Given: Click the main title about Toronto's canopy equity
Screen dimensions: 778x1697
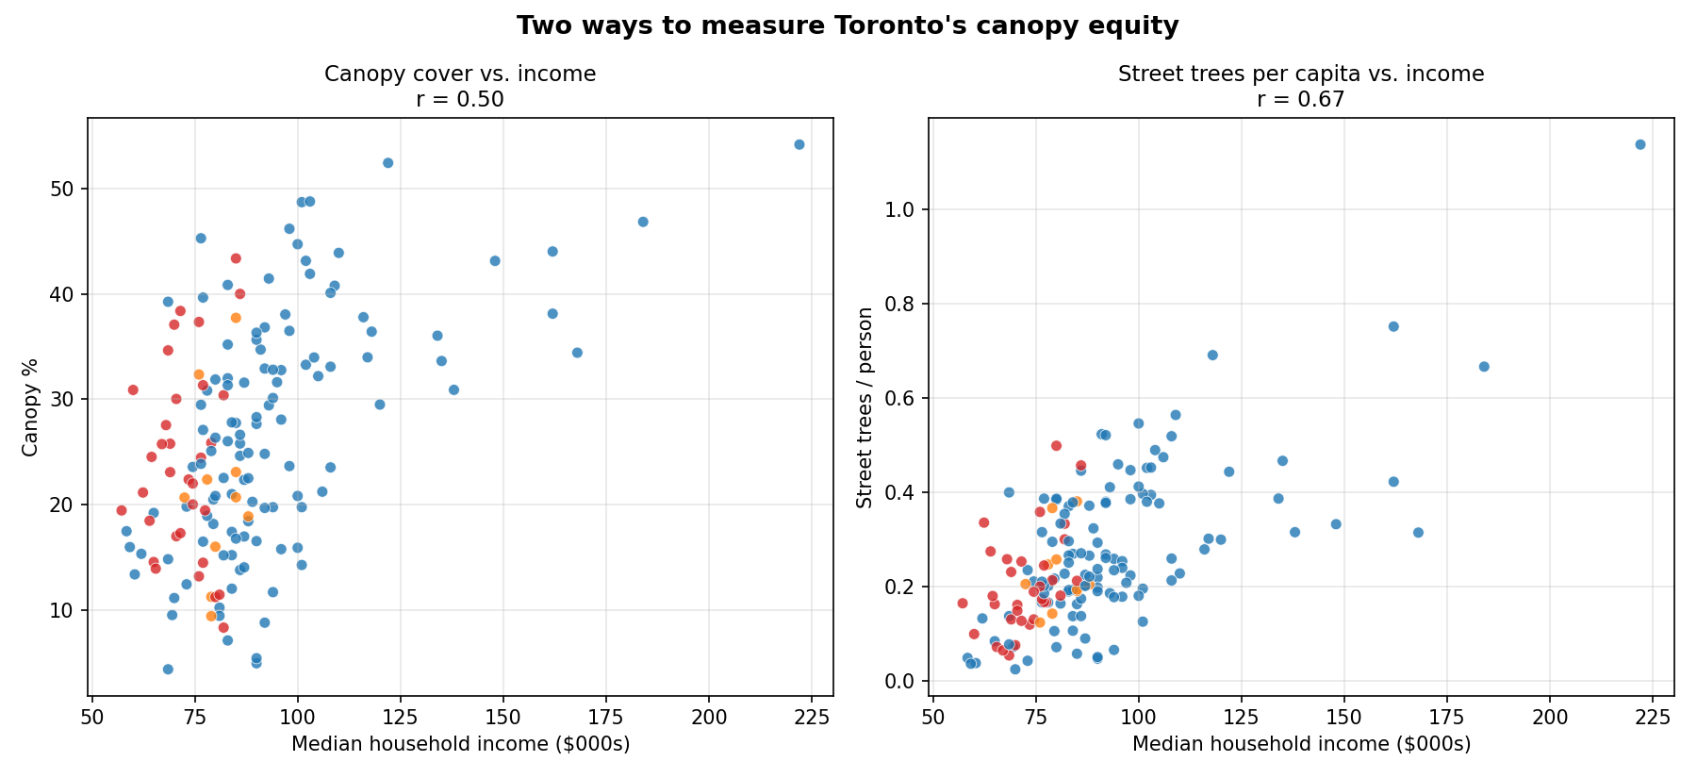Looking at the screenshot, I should click(x=847, y=25).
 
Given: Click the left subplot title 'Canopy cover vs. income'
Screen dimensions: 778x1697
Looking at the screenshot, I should click(x=460, y=74).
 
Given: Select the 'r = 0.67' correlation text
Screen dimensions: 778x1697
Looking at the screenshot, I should click(x=1300, y=99).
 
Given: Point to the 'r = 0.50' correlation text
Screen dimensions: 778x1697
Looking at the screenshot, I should click(x=460, y=99).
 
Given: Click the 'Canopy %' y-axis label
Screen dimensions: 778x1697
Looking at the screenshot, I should click(x=30, y=407).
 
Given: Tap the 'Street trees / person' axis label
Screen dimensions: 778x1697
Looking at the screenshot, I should click(x=865, y=407).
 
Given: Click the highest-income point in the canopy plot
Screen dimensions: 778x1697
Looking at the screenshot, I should click(x=799, y=144).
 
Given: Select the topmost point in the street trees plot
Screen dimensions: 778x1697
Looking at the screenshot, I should click(x=1639, y=144).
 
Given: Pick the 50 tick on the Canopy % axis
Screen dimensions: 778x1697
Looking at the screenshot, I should click(x=68, y=190).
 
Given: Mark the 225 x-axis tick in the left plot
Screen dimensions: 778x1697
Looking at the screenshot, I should click(x=808, y=717).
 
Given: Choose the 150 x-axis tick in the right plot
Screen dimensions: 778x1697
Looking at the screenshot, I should click(x=1343, y=717).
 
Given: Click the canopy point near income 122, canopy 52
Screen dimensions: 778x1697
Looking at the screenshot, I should click(x=387, y=163).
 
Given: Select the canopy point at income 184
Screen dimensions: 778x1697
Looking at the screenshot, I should click(x=643, y=222).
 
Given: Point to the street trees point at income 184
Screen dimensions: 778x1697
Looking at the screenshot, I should click(x=1483, y=367).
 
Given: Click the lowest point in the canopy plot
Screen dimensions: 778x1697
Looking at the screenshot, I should click(x=168, y=670).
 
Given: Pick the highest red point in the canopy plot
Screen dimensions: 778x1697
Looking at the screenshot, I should click(x=236, y=258).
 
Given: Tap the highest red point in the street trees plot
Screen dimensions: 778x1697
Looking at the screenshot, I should click(x=1056, y=445).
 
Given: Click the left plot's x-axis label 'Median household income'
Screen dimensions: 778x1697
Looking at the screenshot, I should click(x=460, y=744).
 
